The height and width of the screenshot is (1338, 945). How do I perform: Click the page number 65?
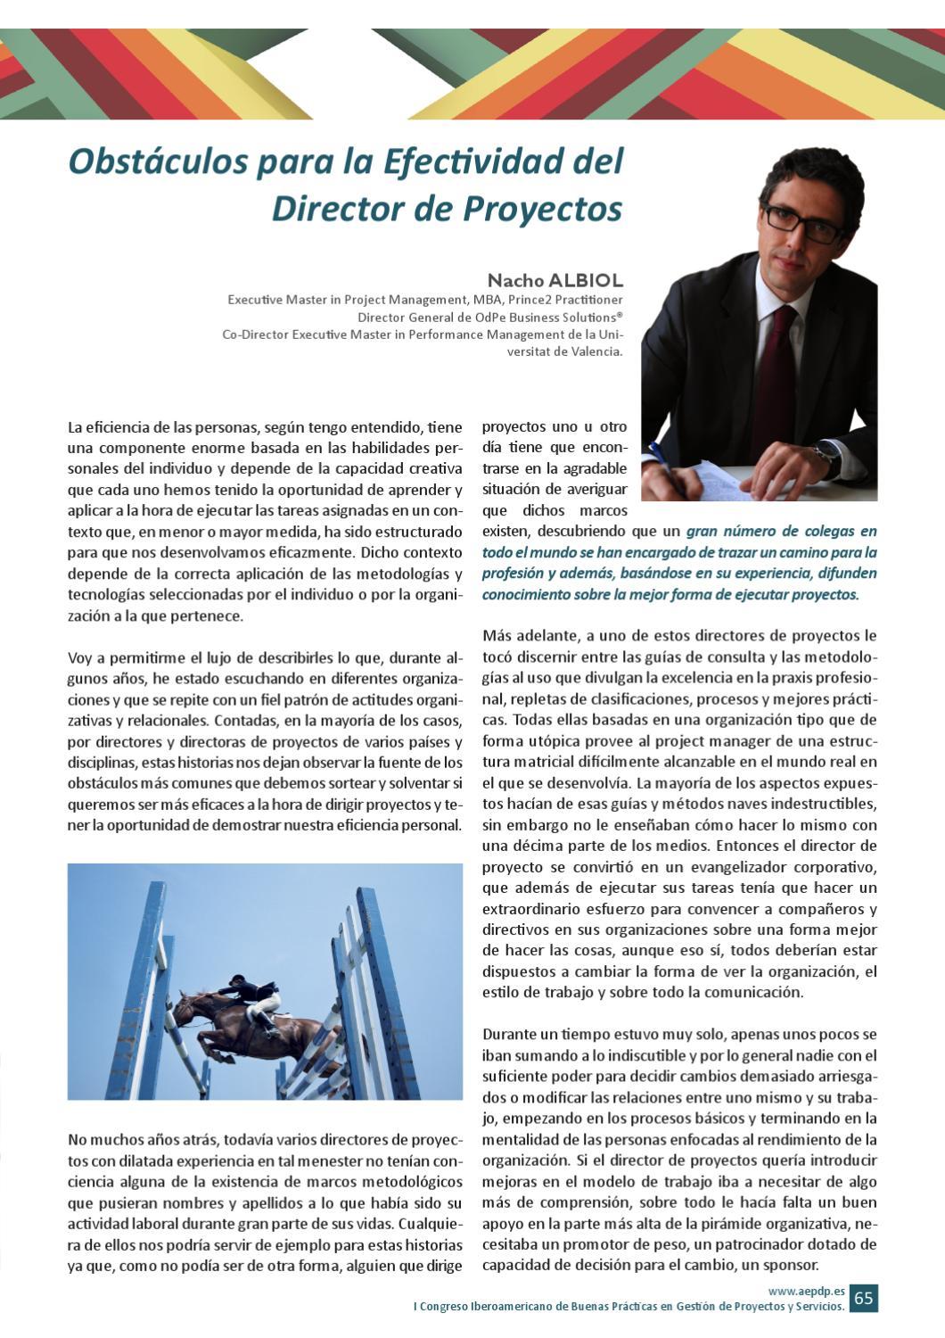point(863,1298)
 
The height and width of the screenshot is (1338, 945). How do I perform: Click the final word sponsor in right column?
point(793,1265)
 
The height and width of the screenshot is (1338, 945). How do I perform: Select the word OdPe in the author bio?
point(488,318)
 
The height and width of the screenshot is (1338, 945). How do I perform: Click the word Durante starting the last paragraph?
point(509,1034)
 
